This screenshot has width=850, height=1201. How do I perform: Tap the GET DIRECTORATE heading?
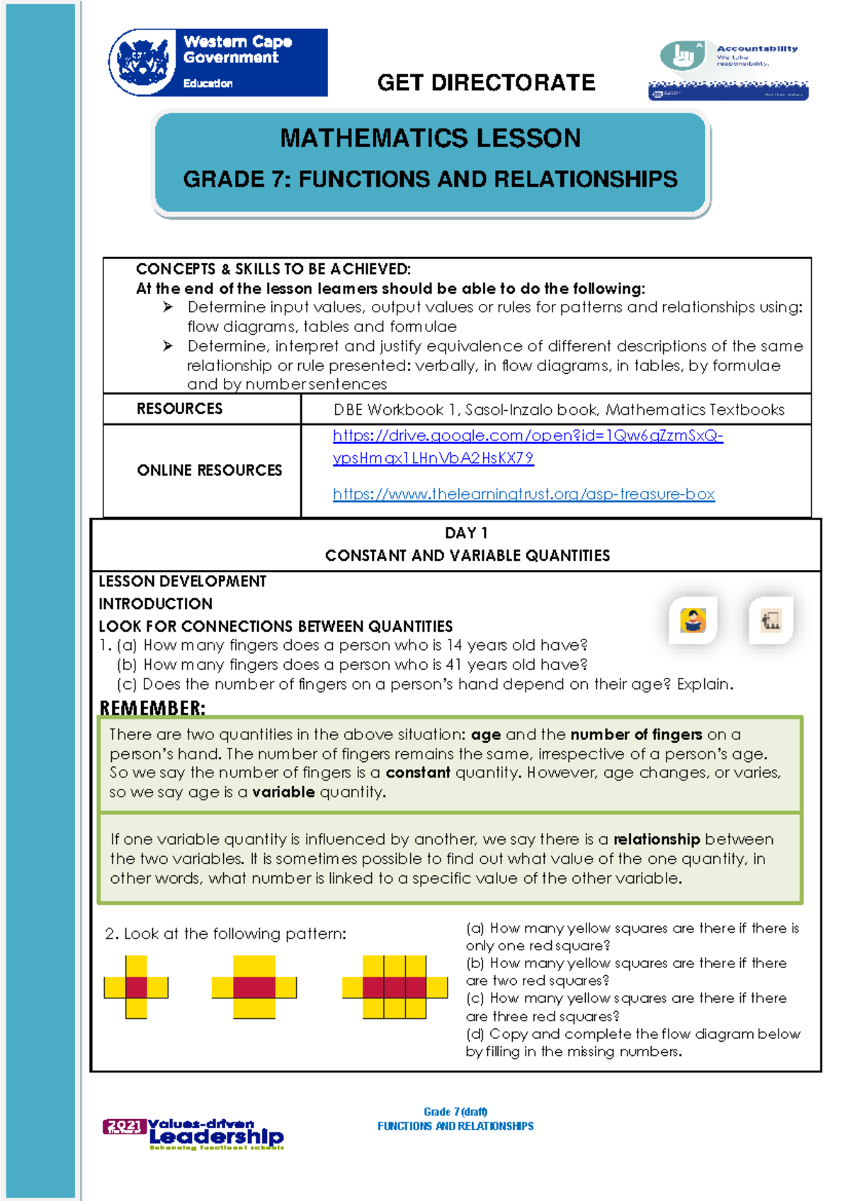486,83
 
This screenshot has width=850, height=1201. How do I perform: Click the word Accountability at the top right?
756,49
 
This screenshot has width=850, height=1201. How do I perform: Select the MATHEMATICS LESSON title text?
430,138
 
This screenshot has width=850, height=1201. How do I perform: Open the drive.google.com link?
527,436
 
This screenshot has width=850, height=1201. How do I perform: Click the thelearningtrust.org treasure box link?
523,494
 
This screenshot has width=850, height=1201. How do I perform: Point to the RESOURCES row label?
179,409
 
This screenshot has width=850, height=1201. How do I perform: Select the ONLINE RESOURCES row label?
209,470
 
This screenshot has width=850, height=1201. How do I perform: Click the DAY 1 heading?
465,533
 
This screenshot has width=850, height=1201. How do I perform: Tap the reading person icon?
693,620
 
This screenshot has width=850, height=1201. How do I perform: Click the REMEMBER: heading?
152,707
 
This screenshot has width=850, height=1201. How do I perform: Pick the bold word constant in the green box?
418,773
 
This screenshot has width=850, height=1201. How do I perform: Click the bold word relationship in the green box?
656,839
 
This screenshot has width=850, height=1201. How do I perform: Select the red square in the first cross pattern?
136,987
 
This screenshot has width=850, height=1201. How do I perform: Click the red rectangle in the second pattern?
254,987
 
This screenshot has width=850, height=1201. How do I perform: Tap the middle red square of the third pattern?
395,987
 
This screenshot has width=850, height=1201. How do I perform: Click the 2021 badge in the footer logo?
125,1126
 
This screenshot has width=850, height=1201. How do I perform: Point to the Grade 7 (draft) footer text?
455,1111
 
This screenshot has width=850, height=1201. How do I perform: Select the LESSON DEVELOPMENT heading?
182,581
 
